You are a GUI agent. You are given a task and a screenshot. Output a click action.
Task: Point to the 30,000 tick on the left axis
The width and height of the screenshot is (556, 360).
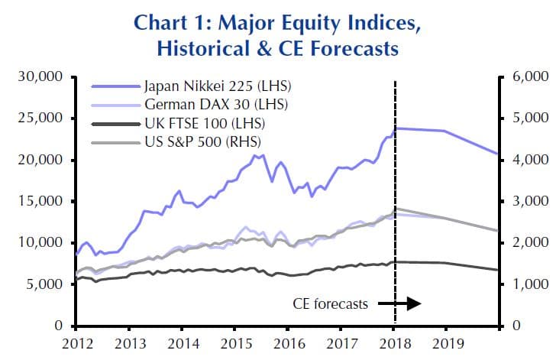point(38,77)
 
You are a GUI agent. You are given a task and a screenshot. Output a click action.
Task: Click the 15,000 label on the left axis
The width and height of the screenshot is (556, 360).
point(38,202)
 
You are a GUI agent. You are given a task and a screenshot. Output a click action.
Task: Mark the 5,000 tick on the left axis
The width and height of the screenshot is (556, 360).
point(41,284)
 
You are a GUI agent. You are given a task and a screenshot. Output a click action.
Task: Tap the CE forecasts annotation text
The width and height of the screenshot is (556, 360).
point(330,303)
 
